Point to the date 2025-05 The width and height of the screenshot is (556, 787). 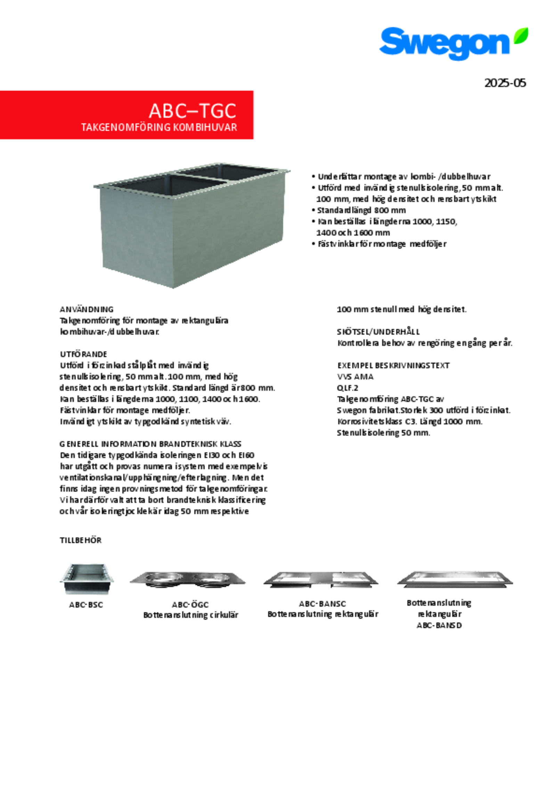coord(505,83)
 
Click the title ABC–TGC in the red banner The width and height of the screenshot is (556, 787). coord(193,111)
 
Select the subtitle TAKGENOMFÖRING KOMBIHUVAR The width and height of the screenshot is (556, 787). coord(159,127)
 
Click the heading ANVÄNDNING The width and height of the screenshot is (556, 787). coord(87,309)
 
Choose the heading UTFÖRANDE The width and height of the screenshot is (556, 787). coord(83,354)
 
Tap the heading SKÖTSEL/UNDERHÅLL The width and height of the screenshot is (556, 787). coord(378,331)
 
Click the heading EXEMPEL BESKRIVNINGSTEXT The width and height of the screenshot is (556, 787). coord(393,365)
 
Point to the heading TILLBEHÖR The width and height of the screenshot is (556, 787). coord(81,540)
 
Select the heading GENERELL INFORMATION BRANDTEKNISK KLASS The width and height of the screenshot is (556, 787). coord(150,444)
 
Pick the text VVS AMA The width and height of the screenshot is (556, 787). coord(355,376)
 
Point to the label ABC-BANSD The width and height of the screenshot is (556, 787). coord(439,625)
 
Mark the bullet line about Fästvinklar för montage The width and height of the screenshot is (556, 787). coord(382,244)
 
